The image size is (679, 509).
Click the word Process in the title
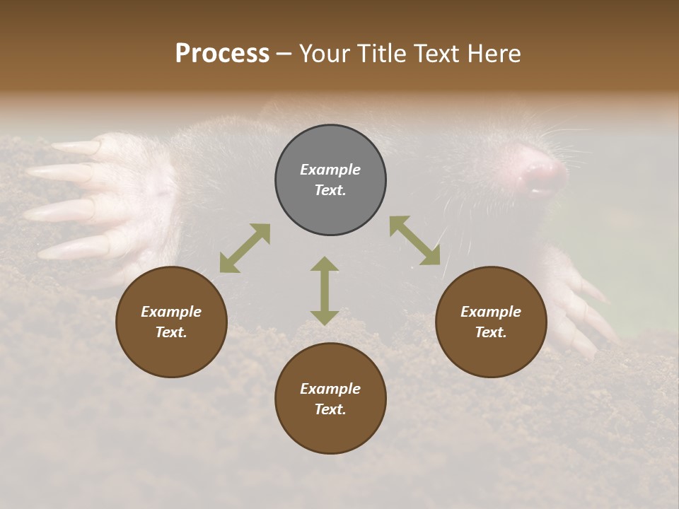pos(222,54)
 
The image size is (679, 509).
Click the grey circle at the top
pos(330,180)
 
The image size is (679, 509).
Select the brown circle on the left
pos(171,322)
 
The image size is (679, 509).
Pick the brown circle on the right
pos(491,322)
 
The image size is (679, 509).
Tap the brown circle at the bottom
pos(330,399)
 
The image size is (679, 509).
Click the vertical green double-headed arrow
pos(325,291)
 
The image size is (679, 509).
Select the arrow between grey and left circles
pos(245,248)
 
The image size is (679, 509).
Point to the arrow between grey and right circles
pos(415,240)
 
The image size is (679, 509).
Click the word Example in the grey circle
pos(330,170)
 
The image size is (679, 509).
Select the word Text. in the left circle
pos(171,332)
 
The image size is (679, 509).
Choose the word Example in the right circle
pos(491,312)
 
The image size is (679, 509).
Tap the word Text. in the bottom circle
pos(330,409)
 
